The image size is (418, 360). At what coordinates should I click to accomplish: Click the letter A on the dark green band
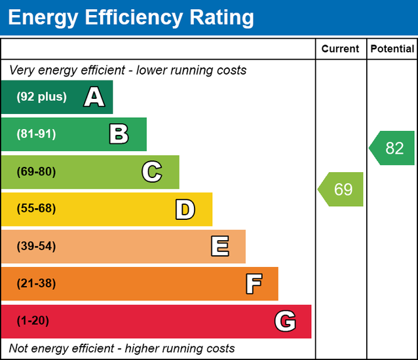tap(94, 98)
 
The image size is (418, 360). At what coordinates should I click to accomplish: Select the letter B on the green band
tap(119, 135)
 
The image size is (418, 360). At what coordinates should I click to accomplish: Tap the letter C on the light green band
tap(151, 172)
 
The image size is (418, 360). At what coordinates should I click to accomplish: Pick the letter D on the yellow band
tap(185, 209)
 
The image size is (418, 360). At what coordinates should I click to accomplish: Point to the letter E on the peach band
tap(219, 247)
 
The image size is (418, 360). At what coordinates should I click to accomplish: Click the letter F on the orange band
tap(254, 284)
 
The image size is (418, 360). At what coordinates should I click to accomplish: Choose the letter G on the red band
tap(285, 321)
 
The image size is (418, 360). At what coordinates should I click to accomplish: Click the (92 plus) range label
tap(41, 97)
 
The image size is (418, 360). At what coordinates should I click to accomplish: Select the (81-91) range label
tap(36, 134)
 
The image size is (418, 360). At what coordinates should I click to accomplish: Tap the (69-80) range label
tap(36, 172)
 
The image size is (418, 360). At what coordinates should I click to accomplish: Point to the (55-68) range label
tap(36, 209)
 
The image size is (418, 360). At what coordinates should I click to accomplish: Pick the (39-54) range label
tap(36, 246)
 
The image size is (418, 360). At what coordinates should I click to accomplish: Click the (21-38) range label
tap(36, 283)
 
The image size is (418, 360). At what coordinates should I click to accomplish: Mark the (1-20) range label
tap(33, 321)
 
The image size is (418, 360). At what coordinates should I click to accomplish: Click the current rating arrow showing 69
tap(341, 190)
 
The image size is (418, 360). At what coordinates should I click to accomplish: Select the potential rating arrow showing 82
tap(392, 148)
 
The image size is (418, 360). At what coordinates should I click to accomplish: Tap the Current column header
tap(341, 49)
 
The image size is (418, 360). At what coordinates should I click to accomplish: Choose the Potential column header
tap(392, 49)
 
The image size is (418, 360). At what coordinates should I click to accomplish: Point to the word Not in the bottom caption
tap(19, 348)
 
